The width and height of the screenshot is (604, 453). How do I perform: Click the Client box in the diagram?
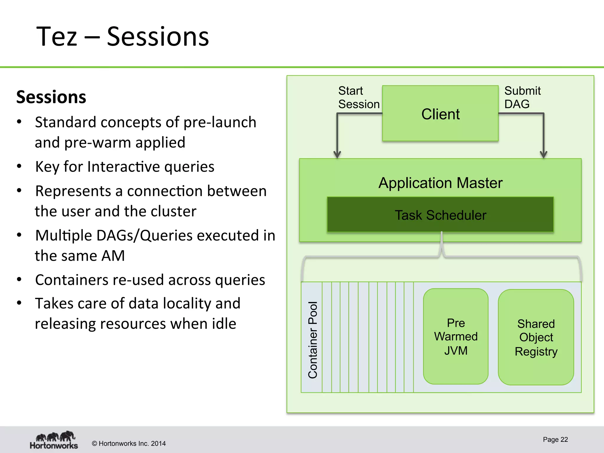(440, 114)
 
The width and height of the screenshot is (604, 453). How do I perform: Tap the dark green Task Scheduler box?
(440, 215)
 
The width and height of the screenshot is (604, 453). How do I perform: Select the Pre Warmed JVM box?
(456, 337)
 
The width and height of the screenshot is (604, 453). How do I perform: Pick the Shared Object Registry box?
(536, 337)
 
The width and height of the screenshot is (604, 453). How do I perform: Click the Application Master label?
(440, 183)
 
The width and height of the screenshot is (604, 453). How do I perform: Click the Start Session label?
(358, 97)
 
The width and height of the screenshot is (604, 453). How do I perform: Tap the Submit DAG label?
(522, 97)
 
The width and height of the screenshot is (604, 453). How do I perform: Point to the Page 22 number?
(555, 439)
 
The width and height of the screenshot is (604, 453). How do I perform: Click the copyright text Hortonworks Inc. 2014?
(129, 444)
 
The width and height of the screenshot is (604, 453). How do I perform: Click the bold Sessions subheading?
(51, 97)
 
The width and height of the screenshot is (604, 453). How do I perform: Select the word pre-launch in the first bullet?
(220, 122)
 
